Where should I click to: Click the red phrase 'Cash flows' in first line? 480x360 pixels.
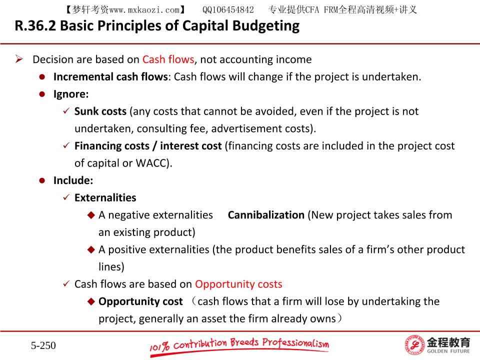[168, 59]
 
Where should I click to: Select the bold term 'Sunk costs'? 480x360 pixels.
[100, 111]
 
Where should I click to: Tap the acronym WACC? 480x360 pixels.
[150, 163]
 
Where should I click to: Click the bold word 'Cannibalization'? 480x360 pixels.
[266, 215]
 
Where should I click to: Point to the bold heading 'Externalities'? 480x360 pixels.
[105, 198]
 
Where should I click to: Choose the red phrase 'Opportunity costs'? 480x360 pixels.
[239, 284]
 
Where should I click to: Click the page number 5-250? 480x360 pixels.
[43, 345]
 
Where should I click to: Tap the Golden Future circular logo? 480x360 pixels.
[414, 345]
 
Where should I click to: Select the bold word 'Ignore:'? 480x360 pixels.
[71, 94]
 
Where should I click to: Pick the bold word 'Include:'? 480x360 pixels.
[73, 180]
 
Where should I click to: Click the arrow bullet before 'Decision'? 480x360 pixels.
[19, 59]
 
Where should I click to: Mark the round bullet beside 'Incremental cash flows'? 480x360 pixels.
[42, 77]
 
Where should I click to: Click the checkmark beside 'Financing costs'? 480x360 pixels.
[66, 145]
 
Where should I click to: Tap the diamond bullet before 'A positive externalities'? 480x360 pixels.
[91, 249]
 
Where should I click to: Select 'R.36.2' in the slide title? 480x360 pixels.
[35, 25]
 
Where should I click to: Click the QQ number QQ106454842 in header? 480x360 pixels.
[228, 10]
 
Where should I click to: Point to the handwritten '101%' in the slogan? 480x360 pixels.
[159, 347]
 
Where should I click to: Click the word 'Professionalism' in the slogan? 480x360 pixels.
[295, 343]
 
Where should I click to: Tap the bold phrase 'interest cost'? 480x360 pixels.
[190, 145]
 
